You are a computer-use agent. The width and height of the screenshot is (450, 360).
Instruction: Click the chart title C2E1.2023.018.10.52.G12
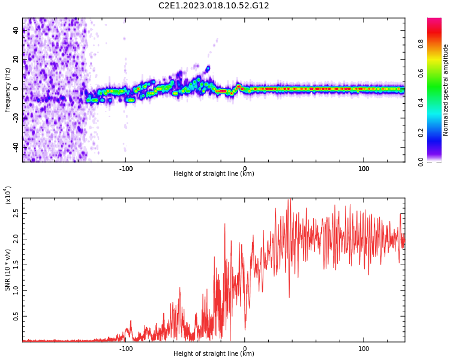pyautogui.click(x=214, y=5)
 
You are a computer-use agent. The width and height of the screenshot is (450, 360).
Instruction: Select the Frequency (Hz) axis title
pyautogui.click(x=8, y=89)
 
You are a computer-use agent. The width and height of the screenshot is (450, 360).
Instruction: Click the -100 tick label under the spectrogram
pyautogui.click(x=125, y=168)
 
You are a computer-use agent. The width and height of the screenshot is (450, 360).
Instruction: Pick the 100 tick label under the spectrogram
pyautogui.click(x=364, y=168)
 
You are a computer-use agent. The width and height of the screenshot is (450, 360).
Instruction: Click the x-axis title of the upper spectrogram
pyautogui.click(x=214, y=174)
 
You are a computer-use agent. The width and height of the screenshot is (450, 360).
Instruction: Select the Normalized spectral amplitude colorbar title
pyautogui.click(x=446, y=89)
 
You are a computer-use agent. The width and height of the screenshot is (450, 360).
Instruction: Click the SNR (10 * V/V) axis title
pyautogui.click(x=8, y=270)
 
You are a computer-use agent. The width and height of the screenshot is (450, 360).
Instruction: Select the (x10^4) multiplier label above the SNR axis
pyautogui.click(x=8, y=195)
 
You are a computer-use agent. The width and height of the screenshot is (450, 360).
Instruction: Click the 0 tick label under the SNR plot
pyautogui.click(x=244, y=348)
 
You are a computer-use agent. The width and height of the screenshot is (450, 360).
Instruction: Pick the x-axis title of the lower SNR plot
pyautogui.click(x=214, y=354)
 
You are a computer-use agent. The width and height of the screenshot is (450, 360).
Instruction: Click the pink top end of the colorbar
pyautogui.click(x=434, y=22)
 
